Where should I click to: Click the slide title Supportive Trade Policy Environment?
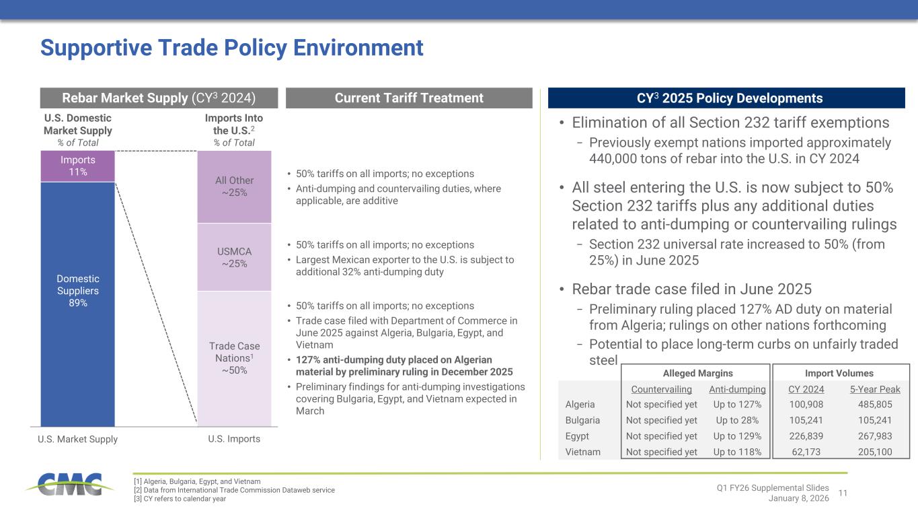(x=232, y=48)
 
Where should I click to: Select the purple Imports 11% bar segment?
(x=77, y=166)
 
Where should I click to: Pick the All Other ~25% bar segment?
(x=234, y=186)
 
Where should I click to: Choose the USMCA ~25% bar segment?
(x=234, y=256)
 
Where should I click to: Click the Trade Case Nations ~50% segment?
(x=234, y=358)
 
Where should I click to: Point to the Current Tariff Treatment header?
(x=409, y=98)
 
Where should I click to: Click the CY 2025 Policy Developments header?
(x=726, y=98)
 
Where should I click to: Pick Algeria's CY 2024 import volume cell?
(x=806, y=405)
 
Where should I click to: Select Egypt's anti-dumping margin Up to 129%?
(x=738, y=436)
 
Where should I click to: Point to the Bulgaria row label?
(x=582, y=421)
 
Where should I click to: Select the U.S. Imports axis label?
(x=234, y=439)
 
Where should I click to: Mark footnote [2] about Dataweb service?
(x=235, y=490)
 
